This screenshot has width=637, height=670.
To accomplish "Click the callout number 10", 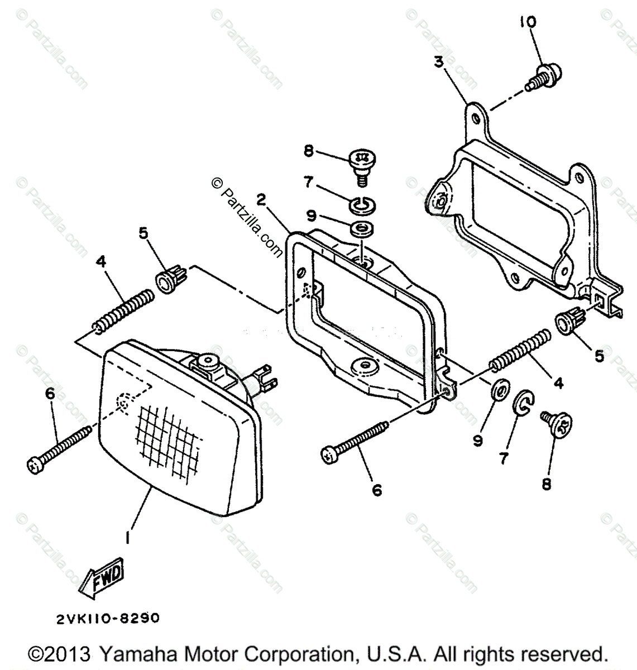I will coord(527,22).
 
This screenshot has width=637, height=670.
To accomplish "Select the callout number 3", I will coord(439,62).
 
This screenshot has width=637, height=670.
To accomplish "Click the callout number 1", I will coord(128,537).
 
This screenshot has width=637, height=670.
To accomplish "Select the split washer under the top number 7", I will coord(362,205).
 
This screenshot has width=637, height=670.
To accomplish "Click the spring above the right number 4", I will coord(521,349).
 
